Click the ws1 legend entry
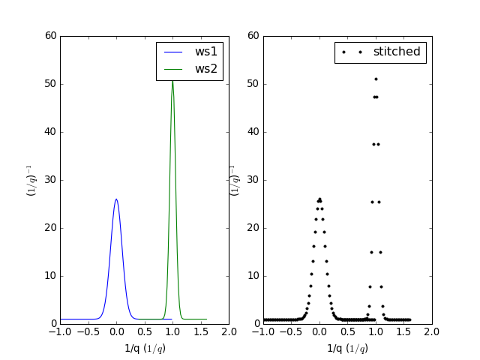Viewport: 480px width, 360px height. point(206,52)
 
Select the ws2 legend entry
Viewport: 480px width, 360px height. point(206,69)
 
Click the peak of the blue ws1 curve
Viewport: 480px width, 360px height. point(116,199)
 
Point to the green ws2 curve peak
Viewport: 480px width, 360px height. point(172,79)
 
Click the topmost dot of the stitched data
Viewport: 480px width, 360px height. point(376,79)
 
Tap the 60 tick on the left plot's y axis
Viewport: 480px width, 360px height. point(50,36)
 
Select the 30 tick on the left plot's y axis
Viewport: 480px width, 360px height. point(50,180)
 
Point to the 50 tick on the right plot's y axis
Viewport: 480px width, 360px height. point(253,84)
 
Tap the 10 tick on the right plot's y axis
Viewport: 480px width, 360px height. point(253,276)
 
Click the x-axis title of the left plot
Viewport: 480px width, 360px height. point(145,348)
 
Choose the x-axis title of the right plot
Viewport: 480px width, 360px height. point(348,348)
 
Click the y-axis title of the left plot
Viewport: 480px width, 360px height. point(31,180)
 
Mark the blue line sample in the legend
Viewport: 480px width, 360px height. point(173,52)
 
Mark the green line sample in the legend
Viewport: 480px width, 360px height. point(173,69)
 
